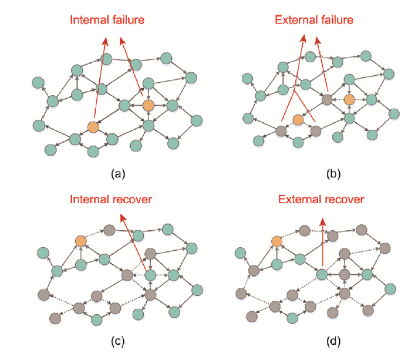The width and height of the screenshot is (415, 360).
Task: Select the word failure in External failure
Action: click(336, 19)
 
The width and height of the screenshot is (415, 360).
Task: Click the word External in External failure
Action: click(295, 19)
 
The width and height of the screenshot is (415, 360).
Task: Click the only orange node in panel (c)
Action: click(82, 240)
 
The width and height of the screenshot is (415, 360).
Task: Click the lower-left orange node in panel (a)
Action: click(93, 126)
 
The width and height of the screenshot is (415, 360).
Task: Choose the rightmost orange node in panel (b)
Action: click(350, 100)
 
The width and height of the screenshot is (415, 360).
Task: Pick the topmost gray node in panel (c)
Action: click(109, 229)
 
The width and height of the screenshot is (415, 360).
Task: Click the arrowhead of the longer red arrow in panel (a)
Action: click(106, 41)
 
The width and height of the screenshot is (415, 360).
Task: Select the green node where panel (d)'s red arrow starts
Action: click(322, 274)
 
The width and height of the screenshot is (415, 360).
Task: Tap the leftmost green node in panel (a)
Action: click(39, 82)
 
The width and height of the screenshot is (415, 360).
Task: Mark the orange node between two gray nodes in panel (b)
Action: click(298, 120)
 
